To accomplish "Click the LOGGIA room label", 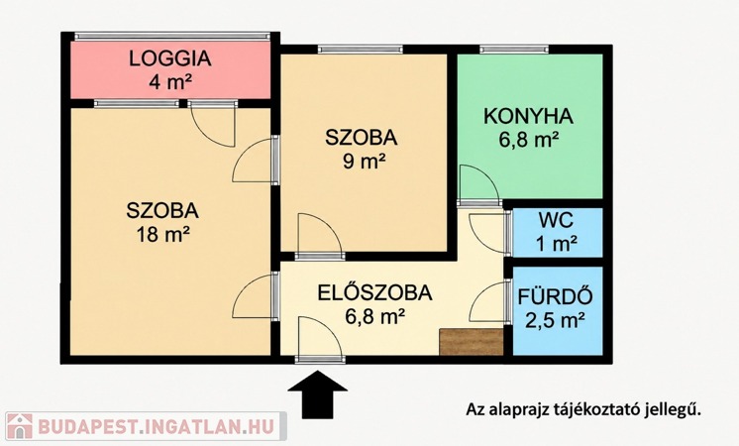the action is click(170, 58).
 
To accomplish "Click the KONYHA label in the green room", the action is click(528, 116).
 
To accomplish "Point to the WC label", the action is click(557, 220).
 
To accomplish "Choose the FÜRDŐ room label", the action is click(555, 296).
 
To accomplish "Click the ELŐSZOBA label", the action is click(374, 292).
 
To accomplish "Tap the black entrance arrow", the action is click(317, 394).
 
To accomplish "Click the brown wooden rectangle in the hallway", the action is click(472, 342).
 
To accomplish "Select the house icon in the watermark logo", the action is click(20, 426).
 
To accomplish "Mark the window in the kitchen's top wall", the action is click(514, 49).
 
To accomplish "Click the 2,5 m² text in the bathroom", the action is click(556, 321).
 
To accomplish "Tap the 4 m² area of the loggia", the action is click(170, 82).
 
